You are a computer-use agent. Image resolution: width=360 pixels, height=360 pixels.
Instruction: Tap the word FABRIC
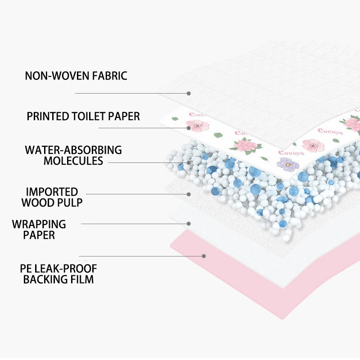tap(109, 76)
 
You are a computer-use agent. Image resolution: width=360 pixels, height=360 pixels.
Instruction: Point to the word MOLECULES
tap(73, 161)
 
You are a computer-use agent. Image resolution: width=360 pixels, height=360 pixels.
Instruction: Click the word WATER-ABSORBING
tap(73, 149)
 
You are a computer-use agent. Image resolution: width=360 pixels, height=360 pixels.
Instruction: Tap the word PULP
tap(70, 203)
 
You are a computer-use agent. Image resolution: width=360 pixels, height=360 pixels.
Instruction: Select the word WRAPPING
tap(39, 224)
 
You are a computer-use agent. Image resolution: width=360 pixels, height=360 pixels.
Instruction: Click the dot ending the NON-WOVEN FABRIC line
tap(189, 93)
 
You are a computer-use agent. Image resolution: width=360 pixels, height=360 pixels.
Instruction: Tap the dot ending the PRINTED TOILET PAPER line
tap(189, 128)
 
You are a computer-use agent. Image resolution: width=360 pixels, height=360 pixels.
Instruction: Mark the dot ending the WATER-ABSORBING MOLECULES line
tap(189, 162)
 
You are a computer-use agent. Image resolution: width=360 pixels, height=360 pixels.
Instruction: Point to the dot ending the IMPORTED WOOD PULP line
tap(189, 194)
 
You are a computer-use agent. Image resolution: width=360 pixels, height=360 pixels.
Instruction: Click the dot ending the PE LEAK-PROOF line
tap(204, 256)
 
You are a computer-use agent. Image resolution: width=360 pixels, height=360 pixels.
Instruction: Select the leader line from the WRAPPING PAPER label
tap(135, 223)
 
